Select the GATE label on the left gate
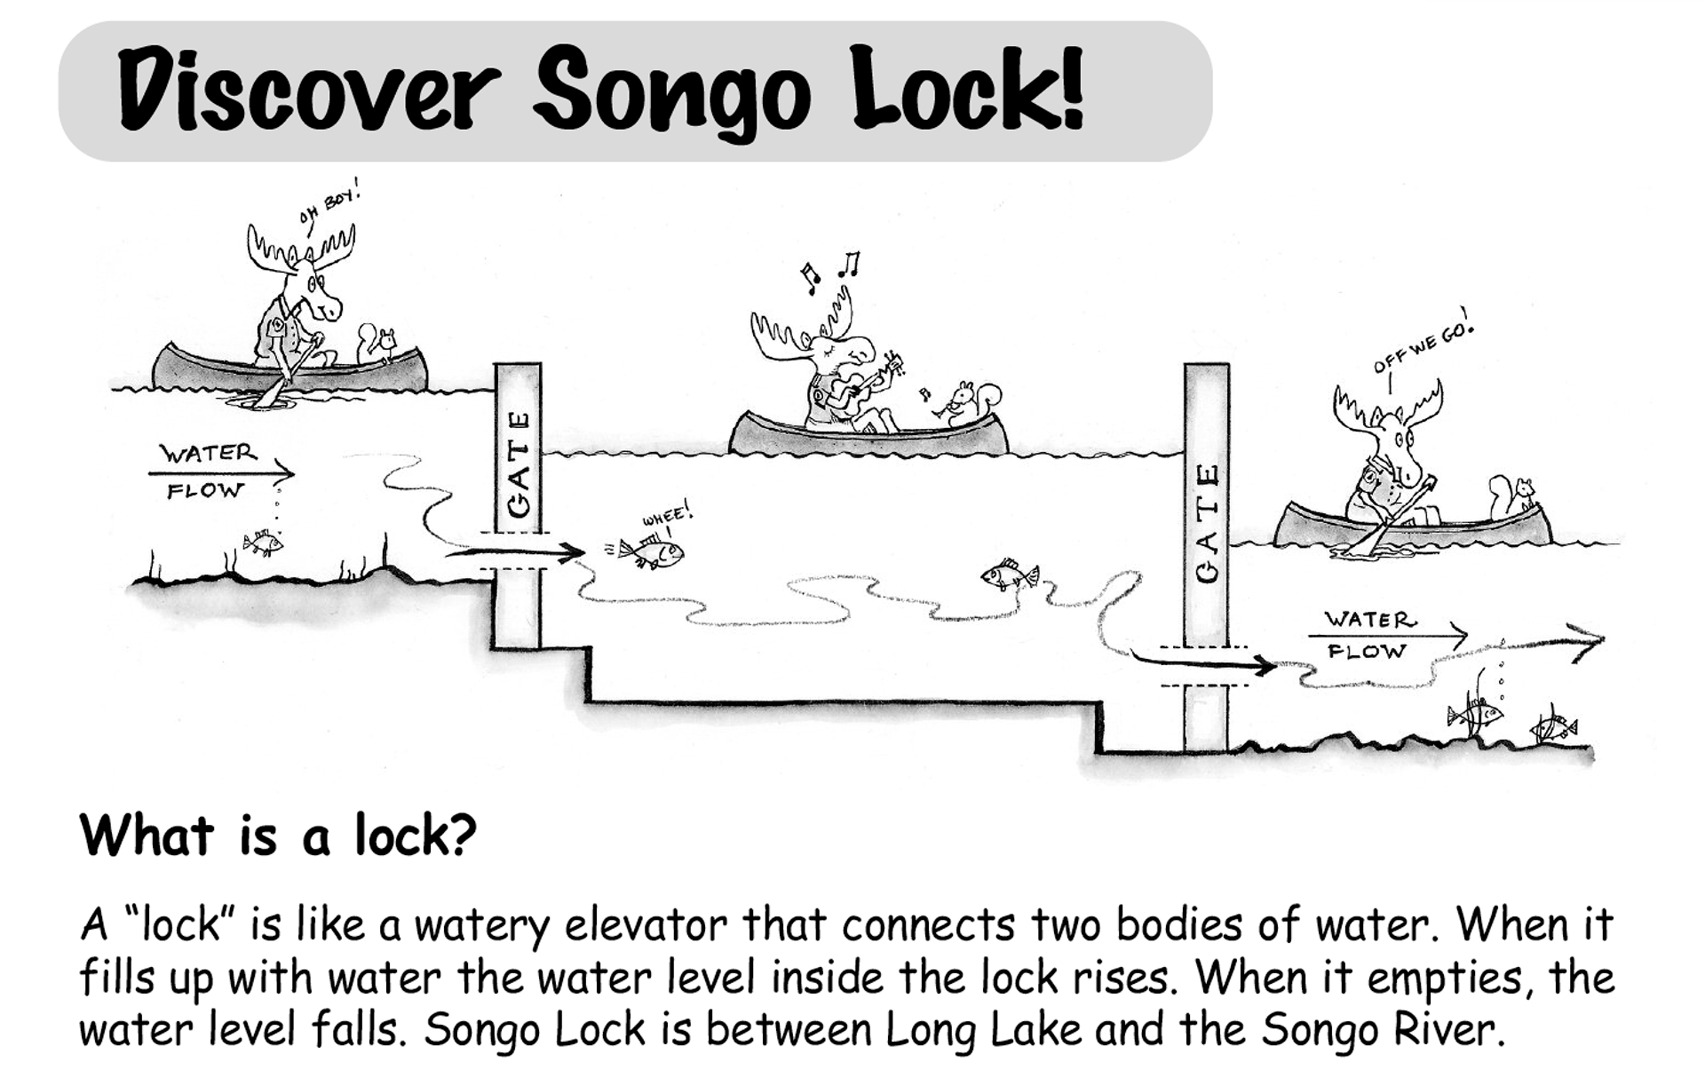(x=518, y=464)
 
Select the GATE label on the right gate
(x=1207, y=524)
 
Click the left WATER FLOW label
(x=210, y=471)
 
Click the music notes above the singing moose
(x=829, y=270)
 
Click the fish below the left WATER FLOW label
(x=262, y=542)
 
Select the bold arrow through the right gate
(x=1204, y=662)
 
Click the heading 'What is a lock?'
(x=278, y=836)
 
